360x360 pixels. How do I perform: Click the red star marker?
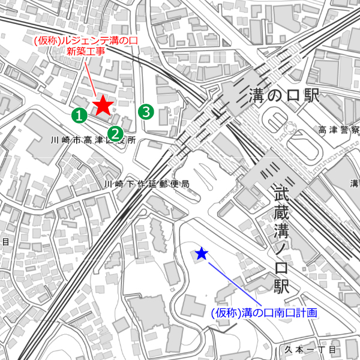(103, 106)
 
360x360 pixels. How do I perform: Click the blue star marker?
(202, 254)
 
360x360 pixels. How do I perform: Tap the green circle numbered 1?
(78, 114)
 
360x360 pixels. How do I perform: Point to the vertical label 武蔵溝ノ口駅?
(282, 240)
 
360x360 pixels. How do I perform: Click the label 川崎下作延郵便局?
(147, 184)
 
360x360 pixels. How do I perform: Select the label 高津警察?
(338, 130)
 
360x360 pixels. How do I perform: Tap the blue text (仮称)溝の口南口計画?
(263, 313)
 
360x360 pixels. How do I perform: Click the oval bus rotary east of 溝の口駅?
(277, 120)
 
